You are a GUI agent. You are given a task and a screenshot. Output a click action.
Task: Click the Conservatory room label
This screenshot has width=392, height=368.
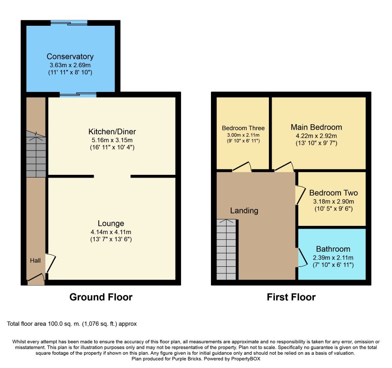click(x=70, y=57)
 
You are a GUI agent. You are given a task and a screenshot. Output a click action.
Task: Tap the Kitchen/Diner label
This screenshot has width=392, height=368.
click(x=112, y=132)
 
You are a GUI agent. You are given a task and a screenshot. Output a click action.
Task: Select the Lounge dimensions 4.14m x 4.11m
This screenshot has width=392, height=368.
click(x=111, y=232)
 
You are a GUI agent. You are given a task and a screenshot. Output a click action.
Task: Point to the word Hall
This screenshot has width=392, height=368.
click(x=35, y=261)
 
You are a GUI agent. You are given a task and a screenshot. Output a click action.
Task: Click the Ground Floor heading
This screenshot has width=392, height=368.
click(x=101, y=297)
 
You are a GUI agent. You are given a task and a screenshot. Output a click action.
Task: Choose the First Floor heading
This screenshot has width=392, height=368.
click(x=291, y=297)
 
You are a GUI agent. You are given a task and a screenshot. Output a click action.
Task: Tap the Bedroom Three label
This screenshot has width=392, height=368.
click(x=243, y=128)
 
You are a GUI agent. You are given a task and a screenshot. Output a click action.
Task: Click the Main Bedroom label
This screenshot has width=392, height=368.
click(x=316, y=127)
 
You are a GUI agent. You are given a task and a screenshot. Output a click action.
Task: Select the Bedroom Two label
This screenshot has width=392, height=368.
click(x=334, y=193)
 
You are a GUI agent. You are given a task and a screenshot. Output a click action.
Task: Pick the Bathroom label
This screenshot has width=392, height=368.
click(x=333, y=249)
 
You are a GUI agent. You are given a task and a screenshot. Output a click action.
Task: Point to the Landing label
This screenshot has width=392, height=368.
click(x=244, y=211)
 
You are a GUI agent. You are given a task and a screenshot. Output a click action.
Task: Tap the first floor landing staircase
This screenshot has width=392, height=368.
click(x=226, y=249)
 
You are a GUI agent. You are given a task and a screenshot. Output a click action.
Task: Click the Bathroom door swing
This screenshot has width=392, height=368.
click(x=302, y=258)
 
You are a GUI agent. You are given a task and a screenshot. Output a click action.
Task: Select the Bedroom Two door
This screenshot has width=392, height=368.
click(x=300, y=195)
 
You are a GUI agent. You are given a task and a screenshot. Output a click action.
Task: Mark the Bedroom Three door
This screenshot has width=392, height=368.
click(x=242, y=167)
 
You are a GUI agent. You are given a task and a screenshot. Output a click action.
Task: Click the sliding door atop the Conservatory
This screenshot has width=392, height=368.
click(x=69, y=23)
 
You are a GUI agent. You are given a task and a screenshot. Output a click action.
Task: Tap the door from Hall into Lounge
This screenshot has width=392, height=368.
click(x=51, y=263)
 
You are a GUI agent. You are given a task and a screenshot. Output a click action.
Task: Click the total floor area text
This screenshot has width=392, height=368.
click(x=72, y=324)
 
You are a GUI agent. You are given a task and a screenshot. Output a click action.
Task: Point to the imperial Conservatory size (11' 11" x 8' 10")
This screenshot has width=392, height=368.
click(x=70, y=73)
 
